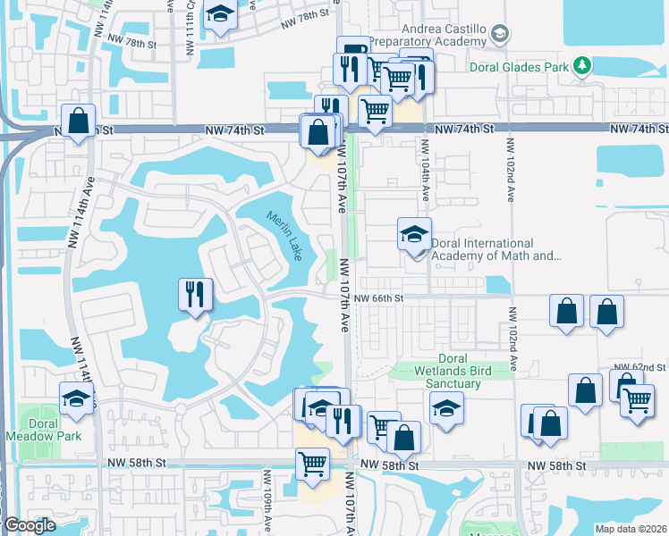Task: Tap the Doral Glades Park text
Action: click(x=520, y=65)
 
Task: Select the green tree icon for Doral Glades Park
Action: click(x=582, y=65)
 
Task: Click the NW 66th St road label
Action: click(x=379, y=298)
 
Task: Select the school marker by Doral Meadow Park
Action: click(x=77, y=398)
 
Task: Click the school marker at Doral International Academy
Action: click(x=414, y=234)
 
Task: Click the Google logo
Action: click(x=30, y=526)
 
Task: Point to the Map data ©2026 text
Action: click(x=631, y=529)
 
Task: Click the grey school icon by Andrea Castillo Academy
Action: click(x=500, y=34)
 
